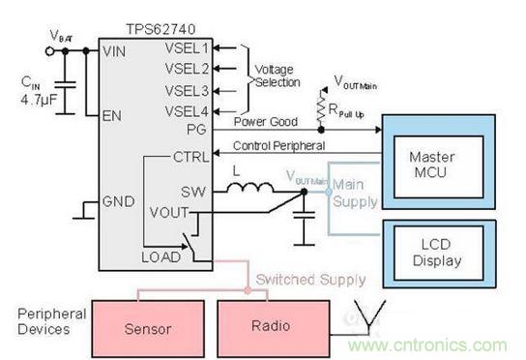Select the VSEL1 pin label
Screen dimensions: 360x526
click(188, 46)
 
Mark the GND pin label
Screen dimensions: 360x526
click(120, 203)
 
